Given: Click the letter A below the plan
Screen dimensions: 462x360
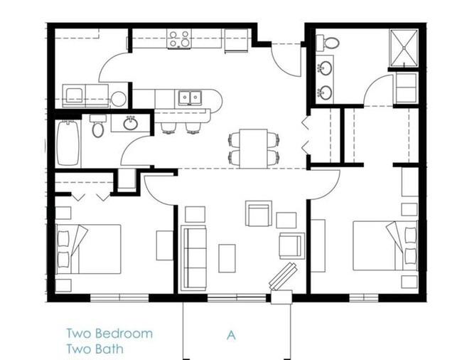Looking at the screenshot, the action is pos(231,335).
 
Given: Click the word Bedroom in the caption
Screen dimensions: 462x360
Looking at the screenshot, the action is pos(124,334).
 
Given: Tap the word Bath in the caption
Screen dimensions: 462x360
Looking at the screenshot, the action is pos(109,349).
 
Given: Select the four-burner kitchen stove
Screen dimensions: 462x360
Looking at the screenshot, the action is pos(179,39).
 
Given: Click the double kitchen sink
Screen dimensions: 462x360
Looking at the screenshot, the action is pos(190,97).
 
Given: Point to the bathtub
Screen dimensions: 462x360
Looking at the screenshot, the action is pos(68,143).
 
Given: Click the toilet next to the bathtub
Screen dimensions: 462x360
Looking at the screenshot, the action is pos(98,126).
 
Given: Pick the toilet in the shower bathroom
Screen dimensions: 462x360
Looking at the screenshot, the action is pos(328,42).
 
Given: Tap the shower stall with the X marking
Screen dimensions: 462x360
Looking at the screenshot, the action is pos(404,48).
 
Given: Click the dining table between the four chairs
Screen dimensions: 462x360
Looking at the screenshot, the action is pos(254,149).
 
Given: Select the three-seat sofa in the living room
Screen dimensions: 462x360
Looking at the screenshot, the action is pos(193,258).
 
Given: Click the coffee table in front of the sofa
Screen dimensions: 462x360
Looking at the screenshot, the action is pos(227,258).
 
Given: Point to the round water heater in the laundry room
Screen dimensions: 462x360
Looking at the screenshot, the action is pos(119,99).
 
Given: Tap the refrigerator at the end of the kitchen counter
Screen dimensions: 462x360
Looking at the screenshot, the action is pos(236,41).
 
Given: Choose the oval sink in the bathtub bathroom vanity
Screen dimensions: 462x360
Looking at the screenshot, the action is pos(130,123).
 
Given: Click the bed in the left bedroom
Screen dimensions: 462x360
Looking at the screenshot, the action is pos(88,249).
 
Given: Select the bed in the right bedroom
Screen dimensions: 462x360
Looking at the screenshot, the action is pos(385,245).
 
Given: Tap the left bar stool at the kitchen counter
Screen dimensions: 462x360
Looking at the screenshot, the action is pos(168,128).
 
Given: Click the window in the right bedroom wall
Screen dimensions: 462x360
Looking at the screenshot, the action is pos(364,298).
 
